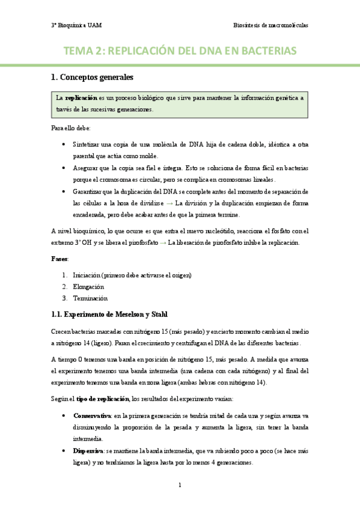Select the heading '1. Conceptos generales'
[91, 78]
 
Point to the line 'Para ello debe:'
[70, 129]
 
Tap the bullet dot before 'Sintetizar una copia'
[64, 145]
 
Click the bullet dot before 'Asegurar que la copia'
[64, 168]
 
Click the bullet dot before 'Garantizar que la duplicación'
[64, 191]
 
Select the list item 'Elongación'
[88, 286]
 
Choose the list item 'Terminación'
[90, 298]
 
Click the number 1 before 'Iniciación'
[64, 275]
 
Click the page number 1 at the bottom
[180, 485]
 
